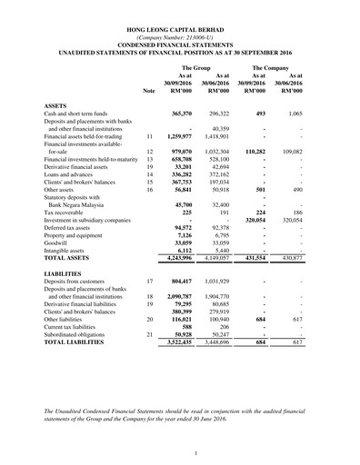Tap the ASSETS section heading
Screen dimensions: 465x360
coord(56,105)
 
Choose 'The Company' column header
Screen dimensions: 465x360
coord(272,68)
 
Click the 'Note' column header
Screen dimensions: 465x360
coord(149,91)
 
